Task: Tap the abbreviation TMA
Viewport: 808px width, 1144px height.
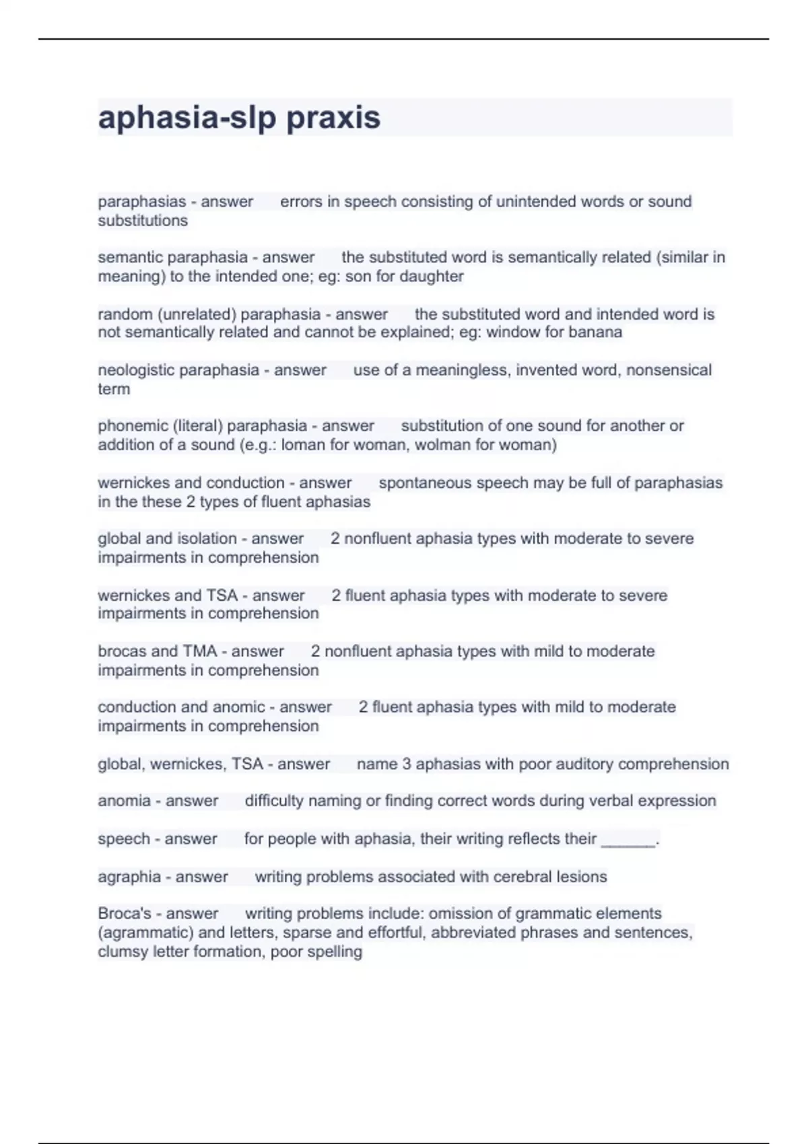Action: coord(200,651)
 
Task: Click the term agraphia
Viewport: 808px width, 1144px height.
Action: coord(129,877)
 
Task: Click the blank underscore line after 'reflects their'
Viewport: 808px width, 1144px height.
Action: coord(628,841)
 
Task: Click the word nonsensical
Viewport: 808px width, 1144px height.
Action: coord(669,370)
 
